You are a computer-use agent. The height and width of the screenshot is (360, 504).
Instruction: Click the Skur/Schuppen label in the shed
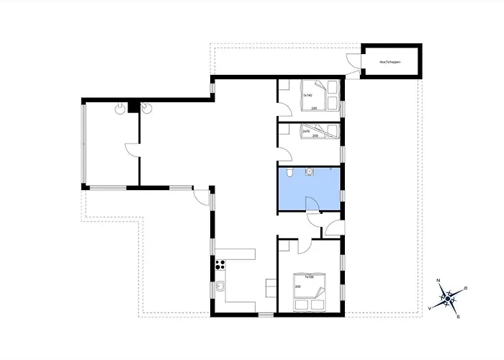390,62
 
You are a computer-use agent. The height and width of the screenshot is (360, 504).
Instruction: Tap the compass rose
448,297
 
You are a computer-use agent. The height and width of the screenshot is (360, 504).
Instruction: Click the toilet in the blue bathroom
288,173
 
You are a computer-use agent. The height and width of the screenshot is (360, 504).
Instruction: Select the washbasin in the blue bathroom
310,171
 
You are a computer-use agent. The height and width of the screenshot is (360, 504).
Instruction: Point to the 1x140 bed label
307,94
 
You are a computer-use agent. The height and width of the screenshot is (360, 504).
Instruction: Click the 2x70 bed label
307,132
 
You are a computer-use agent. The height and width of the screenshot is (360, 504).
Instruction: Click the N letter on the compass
438,281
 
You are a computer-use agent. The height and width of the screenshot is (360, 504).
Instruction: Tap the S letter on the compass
458,315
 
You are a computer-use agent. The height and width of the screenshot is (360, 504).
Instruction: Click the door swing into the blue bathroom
312,205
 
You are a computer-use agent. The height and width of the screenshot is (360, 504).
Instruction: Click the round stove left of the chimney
118,108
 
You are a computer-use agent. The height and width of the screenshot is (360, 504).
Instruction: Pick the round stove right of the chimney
148,108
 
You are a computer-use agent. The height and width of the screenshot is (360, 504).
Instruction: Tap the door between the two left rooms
132,150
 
